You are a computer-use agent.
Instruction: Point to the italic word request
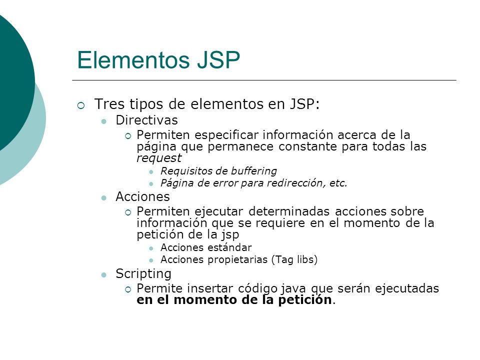point(159,158)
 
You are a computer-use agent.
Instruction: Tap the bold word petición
point(304,300)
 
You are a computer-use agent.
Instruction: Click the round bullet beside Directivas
point(104,121)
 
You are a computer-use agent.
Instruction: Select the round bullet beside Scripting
point(104,274)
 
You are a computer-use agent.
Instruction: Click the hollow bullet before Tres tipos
point(81,105)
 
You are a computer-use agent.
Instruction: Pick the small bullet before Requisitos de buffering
point(152,171)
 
